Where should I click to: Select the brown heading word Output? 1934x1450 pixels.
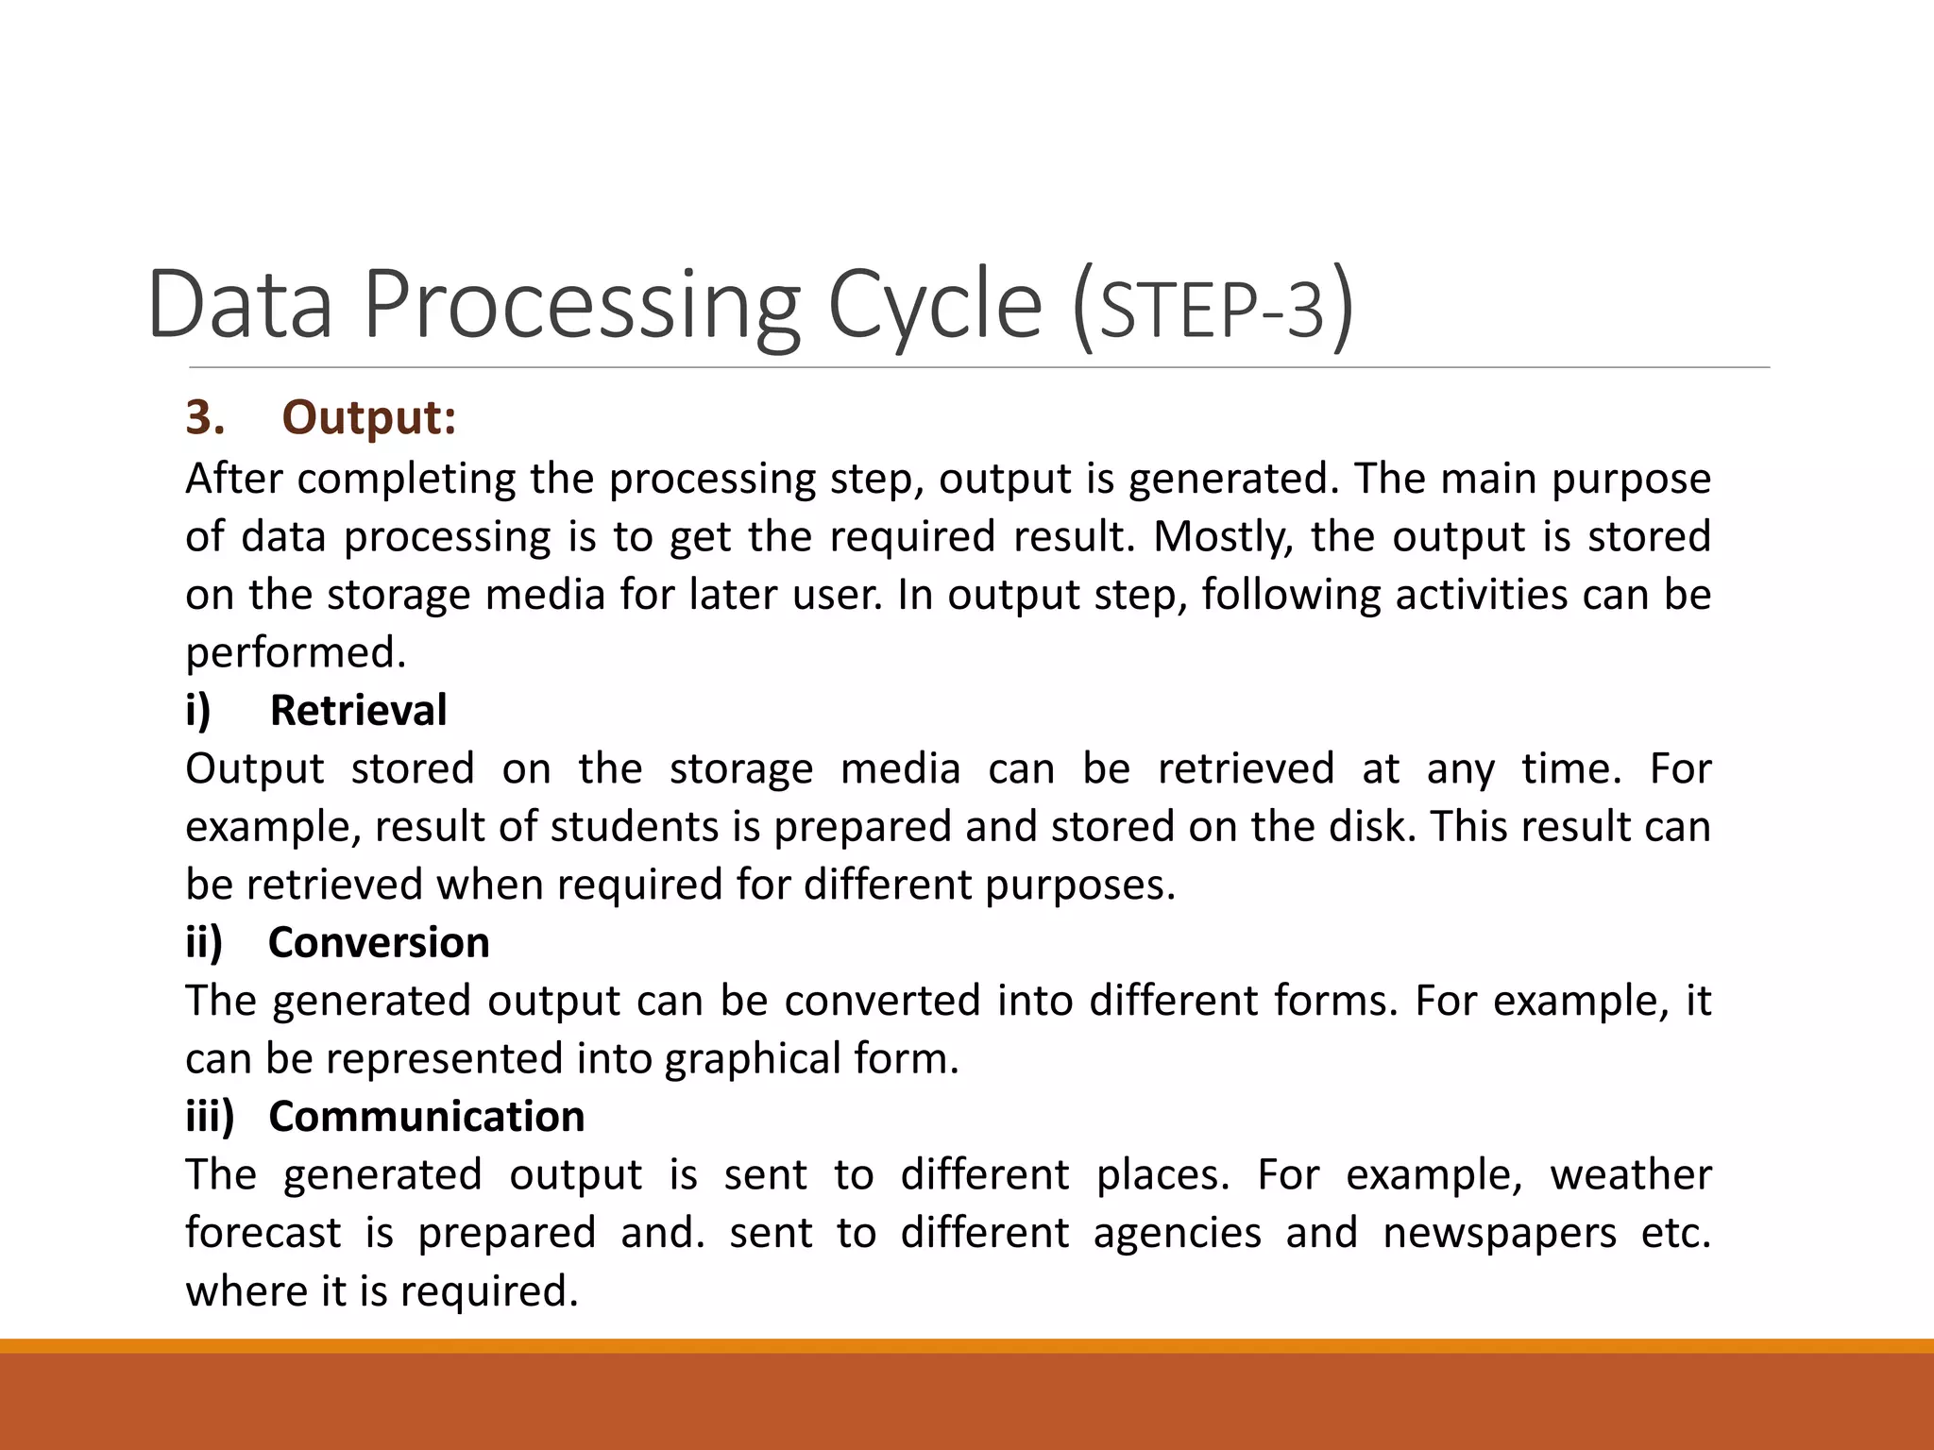click(x=369, y=417)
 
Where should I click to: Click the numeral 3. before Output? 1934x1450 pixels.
click(x=204, y=417)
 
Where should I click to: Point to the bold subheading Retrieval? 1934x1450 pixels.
click(x=358, y=710)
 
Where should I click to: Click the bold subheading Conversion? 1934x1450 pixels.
click(x=379, y=942)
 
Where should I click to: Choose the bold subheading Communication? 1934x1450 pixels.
click(x=426, y=1116)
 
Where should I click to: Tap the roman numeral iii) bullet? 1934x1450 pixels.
click(x=210, y=1116)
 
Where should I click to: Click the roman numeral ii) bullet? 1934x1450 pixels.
click(x=204, y=942)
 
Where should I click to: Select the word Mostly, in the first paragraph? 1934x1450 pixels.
click(x=1222, y=537)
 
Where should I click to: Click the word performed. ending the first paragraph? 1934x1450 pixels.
click(x=296, y=653)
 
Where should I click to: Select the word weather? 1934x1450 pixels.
click(x=1630, y=1175)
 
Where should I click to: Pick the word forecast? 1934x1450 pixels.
click(x=263, y=1234)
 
